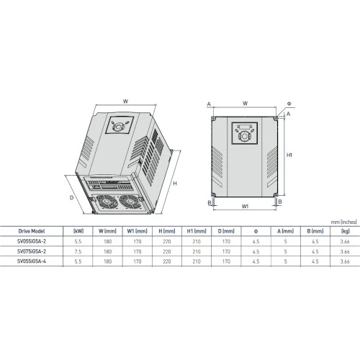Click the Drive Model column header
[32, 231]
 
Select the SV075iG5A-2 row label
[32, 251]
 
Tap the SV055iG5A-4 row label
[32, 261]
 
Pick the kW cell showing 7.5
[78, 251]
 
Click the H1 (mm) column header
[197, 231]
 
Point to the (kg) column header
[345, 231]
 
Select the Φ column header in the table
[256, 231]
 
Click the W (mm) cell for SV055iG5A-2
[108, 241]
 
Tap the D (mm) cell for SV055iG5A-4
[226, 261]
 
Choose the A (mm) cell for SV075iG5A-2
[286, 251]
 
